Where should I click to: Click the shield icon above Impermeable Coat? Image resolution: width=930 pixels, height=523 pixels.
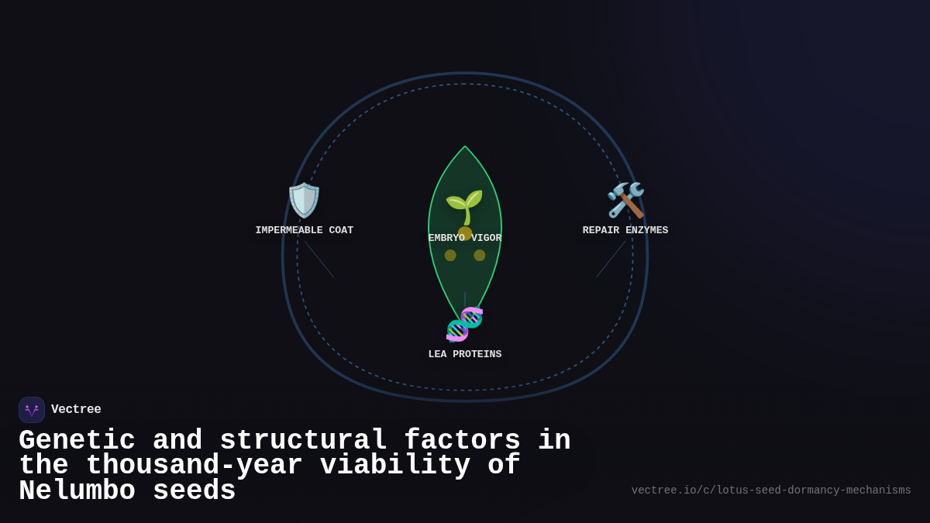coord(304,200)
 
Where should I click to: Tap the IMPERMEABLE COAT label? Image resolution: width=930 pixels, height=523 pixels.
coord(304,230)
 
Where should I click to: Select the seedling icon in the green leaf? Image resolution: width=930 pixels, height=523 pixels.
coord(464,206)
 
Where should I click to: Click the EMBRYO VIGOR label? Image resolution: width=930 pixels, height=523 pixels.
coord(465,238)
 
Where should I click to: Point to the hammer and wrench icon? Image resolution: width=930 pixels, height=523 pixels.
coord(625,200)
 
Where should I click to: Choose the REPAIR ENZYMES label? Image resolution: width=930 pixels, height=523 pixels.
coord(625,230)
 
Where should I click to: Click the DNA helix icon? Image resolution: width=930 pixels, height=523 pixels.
coord(464,324)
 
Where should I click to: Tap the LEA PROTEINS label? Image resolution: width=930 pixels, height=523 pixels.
coord(465,354)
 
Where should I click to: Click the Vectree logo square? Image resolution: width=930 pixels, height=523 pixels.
coord(32,410)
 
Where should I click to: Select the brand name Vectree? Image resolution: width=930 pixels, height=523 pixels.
coord(76,410)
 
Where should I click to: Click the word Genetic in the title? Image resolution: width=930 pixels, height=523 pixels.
coord(77,441)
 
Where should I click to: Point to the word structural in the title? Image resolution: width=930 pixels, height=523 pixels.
coord(303,441)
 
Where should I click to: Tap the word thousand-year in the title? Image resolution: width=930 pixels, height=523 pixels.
coord(194,466)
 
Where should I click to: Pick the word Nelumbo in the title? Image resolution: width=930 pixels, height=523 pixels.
coord(77,491)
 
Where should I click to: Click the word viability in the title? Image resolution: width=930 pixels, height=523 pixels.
coord(395,466)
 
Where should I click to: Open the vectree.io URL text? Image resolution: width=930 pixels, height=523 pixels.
coord(771,490)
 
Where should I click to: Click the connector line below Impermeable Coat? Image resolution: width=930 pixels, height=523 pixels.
coord(319,259)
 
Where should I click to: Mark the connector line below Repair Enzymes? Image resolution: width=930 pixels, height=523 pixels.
coord(611,259)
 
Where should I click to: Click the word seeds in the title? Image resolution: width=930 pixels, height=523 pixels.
coord(194,491)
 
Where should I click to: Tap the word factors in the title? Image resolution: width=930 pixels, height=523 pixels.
coord(462,441)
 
